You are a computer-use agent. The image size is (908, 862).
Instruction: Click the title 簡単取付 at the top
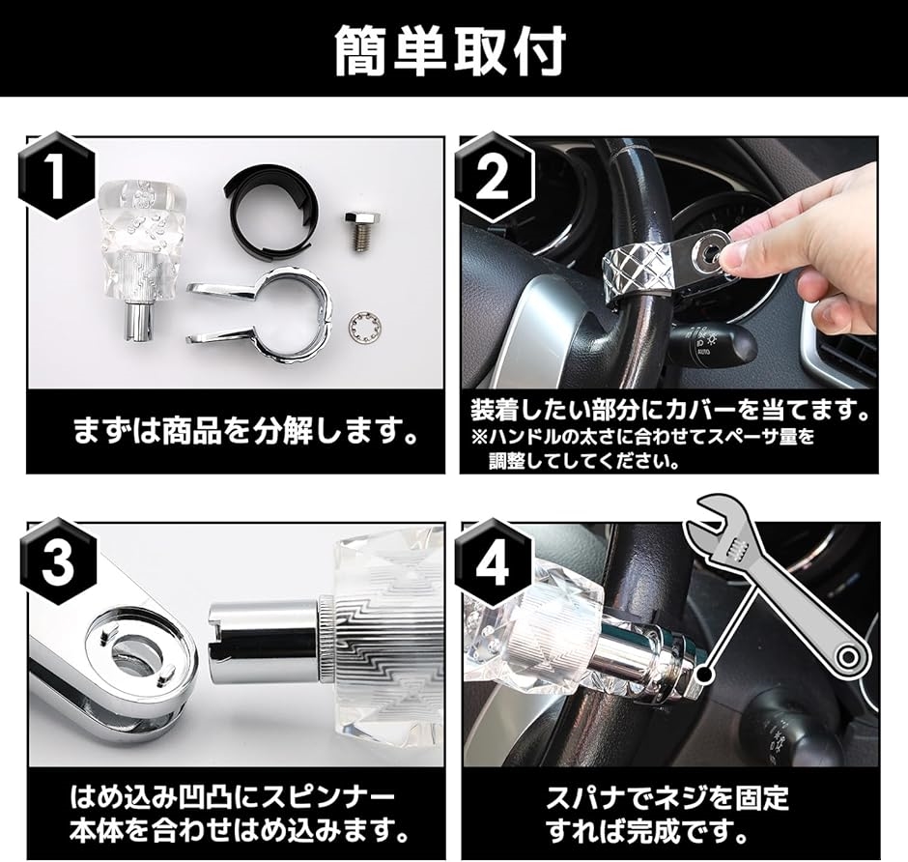[x=451, y=51]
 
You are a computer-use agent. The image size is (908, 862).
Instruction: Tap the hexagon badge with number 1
[x=57, y=176]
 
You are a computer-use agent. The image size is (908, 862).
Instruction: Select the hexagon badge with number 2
[x=493, y=176]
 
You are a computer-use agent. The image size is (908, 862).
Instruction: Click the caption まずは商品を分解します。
[x=246, y=432]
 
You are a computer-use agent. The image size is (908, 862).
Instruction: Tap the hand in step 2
[x=810, y=232]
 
